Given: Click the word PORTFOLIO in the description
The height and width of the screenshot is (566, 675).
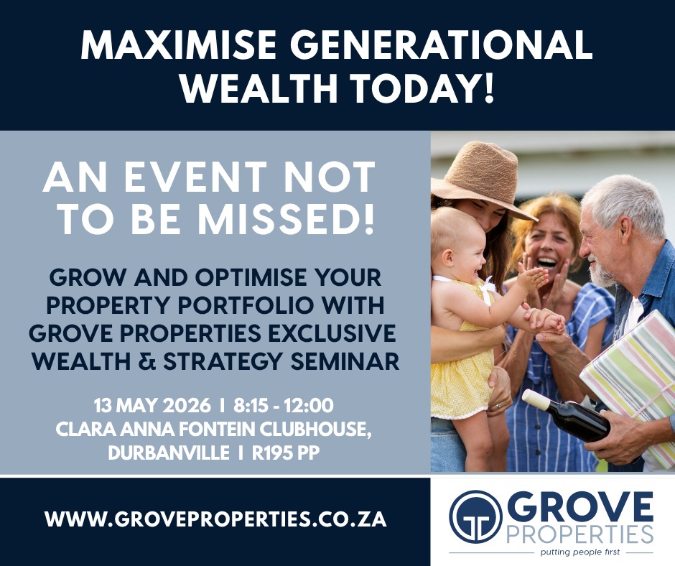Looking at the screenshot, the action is pos(250,305).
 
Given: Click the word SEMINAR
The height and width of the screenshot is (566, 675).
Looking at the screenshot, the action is pos(345,361).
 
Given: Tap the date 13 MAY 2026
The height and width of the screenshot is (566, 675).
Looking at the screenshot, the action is pos(152,405).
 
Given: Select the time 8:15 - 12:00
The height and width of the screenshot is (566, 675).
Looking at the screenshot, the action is pos(284,405).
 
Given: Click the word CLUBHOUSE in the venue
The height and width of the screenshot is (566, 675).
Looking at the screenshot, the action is pos(315,429).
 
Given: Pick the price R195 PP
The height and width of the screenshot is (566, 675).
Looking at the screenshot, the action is pos(286,453).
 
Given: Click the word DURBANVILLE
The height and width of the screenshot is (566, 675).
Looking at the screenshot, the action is pos(168,453).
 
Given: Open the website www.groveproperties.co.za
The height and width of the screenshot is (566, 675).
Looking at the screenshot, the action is pos(215,519).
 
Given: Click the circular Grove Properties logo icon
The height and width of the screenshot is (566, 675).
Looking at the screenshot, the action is pos(475,516).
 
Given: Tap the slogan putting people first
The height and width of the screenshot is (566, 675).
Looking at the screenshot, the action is pos(580,552).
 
